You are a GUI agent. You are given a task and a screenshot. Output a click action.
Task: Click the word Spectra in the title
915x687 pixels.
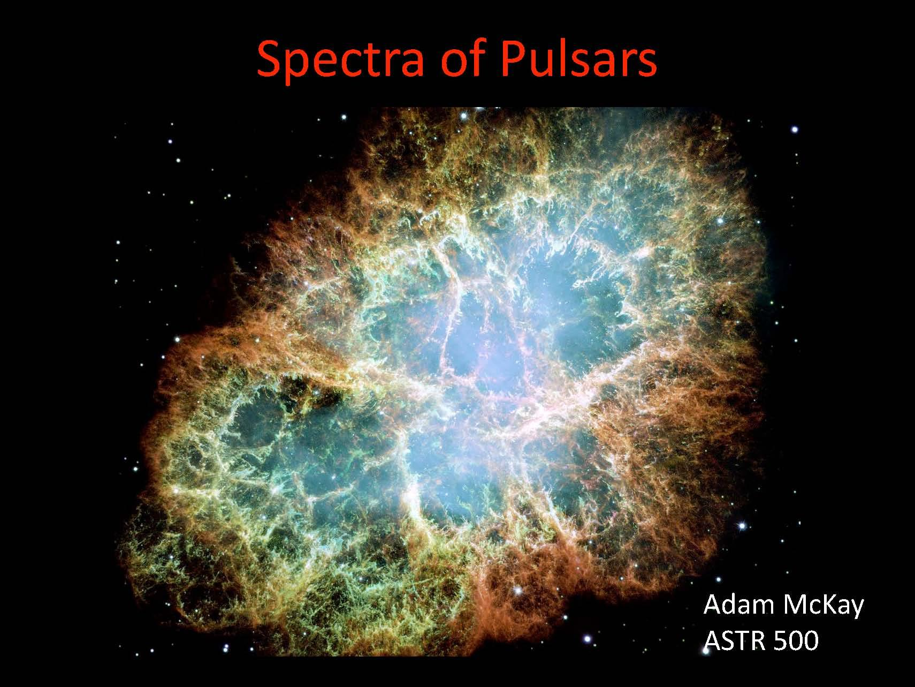pos(340,60)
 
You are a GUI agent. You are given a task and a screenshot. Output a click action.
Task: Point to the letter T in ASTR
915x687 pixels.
pos(736,640)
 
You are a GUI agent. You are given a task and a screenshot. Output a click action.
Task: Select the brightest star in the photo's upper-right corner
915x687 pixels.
pos(795,129)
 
